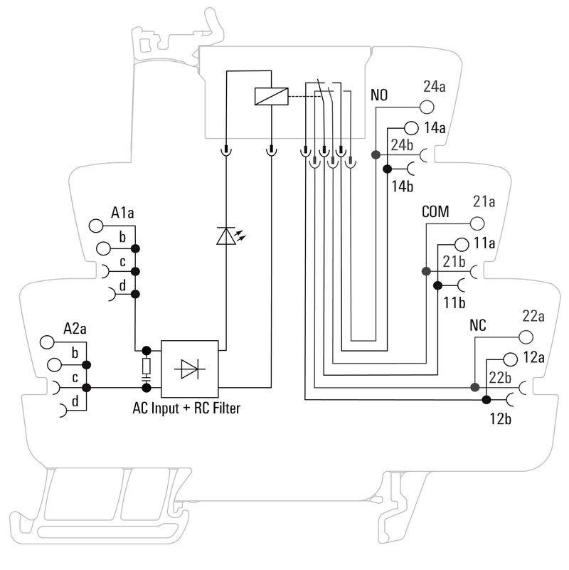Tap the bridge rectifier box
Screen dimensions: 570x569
click(x=189, y=368)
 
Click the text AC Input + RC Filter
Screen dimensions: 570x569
click(x=186, y=409)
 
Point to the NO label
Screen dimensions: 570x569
click(x=379, y=95)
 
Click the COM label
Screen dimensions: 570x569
click(x=435, y=212)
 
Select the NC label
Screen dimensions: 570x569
click(x=477, y=327)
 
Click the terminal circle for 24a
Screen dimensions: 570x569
click(x=426, y=107)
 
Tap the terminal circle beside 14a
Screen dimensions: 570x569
click(x=411, y=128)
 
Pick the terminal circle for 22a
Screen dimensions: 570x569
click(x=526, y=337)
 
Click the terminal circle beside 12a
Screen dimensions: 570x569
click(x=511, y=358)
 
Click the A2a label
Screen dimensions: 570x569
click(x=75, y=328)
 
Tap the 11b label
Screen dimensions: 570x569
click(x=454, y=302)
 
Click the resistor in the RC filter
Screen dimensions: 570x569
click(x=147, y=366)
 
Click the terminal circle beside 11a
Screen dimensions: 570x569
click(x=461, y=243)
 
